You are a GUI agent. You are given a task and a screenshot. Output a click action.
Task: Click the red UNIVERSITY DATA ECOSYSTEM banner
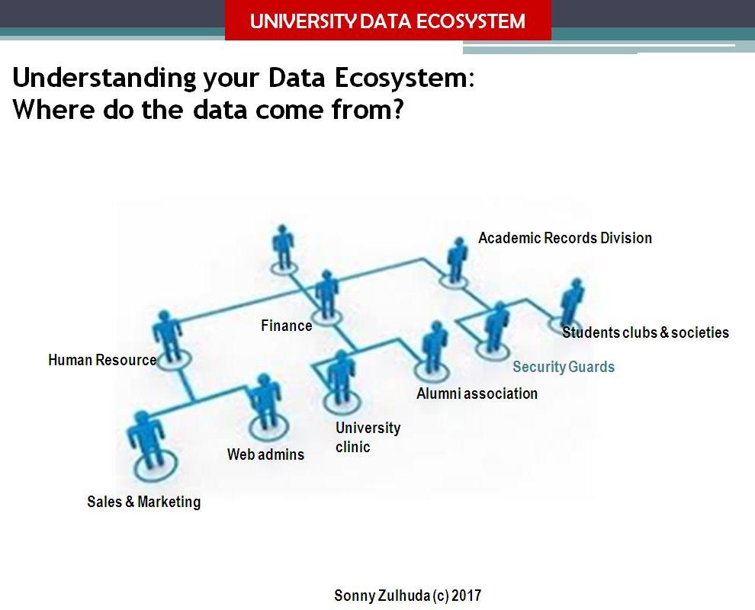(387, 21)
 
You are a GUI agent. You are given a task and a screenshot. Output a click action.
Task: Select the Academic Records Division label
(564, 238)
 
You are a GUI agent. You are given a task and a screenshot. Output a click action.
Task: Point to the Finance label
(286, 326)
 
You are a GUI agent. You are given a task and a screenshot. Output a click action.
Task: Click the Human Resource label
(101, 360)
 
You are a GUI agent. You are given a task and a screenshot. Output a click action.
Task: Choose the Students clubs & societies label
(645, 332)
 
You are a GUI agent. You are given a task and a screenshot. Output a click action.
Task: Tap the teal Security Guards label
(563, 367)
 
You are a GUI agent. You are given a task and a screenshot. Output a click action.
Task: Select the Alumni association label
(477, 393)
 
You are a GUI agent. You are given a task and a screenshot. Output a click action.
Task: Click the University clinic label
(367, 437)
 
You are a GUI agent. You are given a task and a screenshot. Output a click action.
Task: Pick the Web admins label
(265, 454)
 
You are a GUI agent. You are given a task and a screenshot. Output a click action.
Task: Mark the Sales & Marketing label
(143, 502)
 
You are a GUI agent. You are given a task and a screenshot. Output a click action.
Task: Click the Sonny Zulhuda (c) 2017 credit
(407, 596)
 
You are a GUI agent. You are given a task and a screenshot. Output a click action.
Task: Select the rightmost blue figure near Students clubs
(571, 303)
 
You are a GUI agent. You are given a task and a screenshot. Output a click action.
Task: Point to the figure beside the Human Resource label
(167, 335)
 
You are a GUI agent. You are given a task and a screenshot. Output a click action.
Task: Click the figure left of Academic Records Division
(456, 260)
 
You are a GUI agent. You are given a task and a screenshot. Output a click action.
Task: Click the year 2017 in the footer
(465, 596)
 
